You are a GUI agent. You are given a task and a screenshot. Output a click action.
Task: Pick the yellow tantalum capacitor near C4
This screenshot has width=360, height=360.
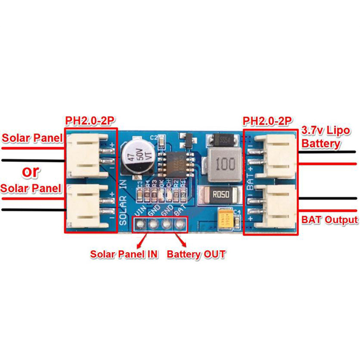coord(225,219)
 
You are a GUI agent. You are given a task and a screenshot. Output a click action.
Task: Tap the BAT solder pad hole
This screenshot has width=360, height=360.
coord(180,223)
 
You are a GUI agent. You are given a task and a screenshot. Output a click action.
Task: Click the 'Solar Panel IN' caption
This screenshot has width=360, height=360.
coord(124,254)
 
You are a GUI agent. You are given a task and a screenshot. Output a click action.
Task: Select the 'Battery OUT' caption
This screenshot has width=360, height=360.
coord(196,254)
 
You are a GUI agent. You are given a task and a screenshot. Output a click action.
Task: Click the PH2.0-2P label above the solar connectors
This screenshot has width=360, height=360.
coord(89,121)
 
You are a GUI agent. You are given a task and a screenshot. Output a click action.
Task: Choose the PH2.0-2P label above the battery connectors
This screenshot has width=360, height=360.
coord(266,121)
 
